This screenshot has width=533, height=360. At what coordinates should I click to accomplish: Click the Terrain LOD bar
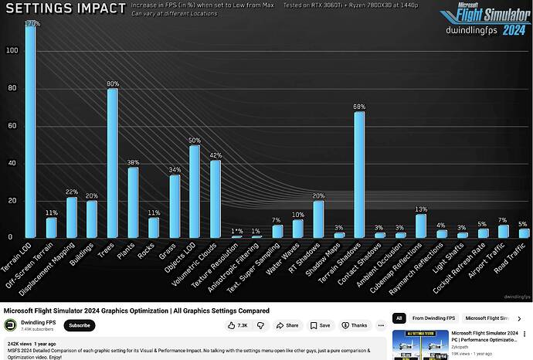tap(30, 131)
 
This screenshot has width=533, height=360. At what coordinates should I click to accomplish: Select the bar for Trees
tap(112, 162)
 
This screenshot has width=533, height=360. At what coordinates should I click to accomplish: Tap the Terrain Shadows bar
tap(359, 175)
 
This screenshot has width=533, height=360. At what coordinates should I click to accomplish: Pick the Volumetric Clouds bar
tap(216, 199)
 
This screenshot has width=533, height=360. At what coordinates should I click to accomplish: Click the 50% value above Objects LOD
tap(195, 141)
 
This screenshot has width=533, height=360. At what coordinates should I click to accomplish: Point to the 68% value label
tap(359, 107)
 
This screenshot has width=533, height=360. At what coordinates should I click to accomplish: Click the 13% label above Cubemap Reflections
tap(421, 209)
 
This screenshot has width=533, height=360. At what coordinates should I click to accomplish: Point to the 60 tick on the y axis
tap(11, 125)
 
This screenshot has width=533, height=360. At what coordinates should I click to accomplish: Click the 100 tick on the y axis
tap(11, 50)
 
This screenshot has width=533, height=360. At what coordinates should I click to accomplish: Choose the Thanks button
tap(355, 326)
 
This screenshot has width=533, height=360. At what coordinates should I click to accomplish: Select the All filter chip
tap(399, 318)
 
